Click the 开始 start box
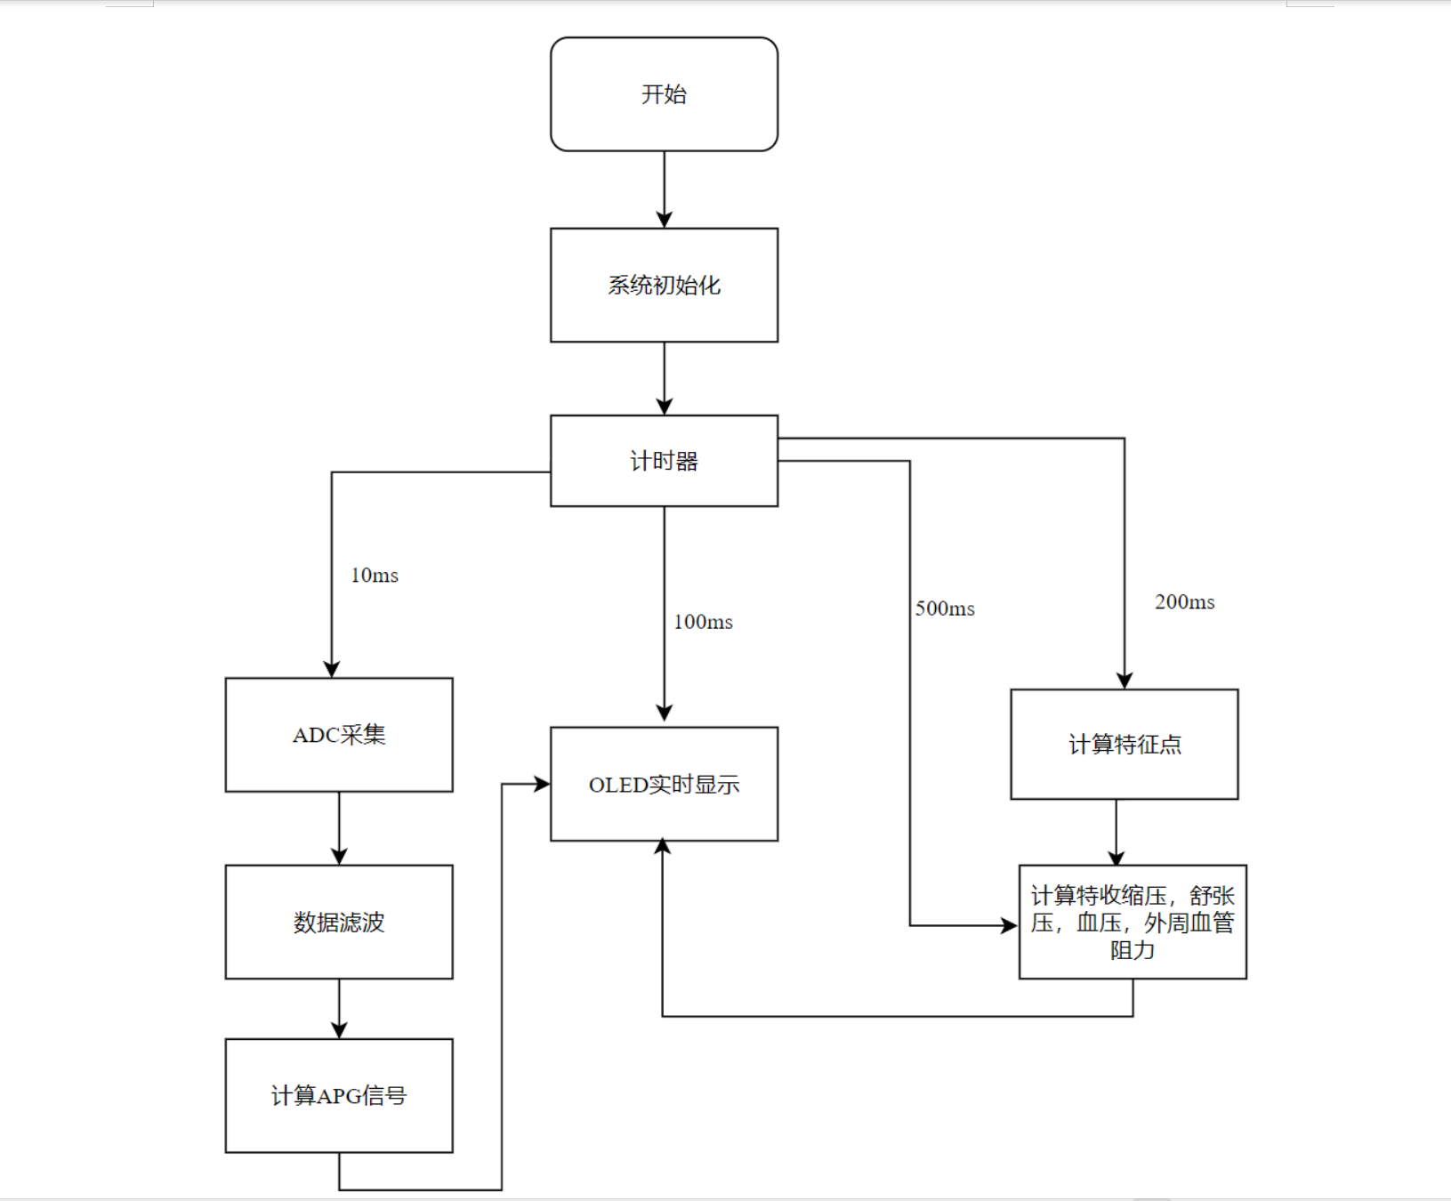point(664,94)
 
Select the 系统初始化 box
point(664,285)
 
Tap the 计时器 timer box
point(664,461)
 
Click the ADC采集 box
point(339,735)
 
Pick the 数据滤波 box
point(339,922)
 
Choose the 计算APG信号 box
point(339,1095)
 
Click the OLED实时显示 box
point(664,784)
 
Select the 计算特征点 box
point(1124,744)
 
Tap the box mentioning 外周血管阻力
point(1132,922)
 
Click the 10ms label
point(375,576)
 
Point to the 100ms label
point(703,622)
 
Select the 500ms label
point(945,609)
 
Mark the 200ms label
point(1184,602)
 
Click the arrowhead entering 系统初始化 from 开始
point(664,220)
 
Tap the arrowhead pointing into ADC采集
point(332,669)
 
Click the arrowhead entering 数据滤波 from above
point(339,856)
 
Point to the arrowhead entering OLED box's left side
point(542,784)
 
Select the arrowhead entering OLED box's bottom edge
point(663,848)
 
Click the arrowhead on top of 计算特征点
point(1125,681)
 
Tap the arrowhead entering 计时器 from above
point(664,407)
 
